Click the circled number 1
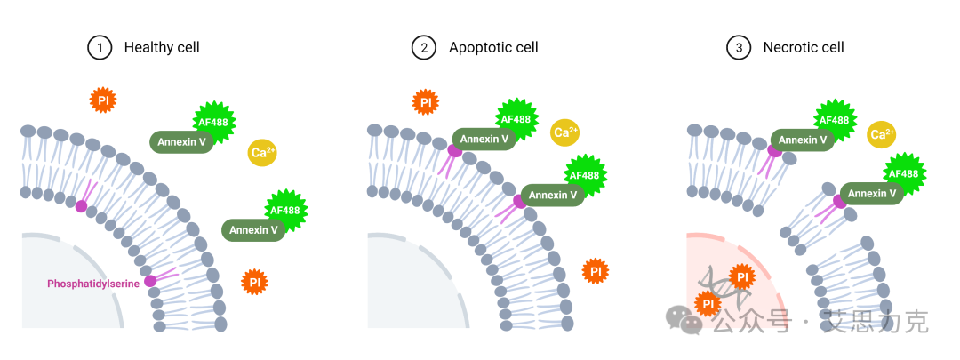100,47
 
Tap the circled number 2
424,47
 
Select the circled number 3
739,47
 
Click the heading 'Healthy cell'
162,47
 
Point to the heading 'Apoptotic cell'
493,47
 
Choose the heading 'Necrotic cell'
804,47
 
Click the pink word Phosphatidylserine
92,284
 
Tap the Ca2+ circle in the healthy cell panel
262,152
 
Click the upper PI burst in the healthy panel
103,100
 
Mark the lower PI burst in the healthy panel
255,283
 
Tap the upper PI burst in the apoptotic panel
426,102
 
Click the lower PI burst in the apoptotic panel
596,271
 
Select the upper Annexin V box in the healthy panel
181,141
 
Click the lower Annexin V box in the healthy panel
254,230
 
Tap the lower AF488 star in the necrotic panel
903,174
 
